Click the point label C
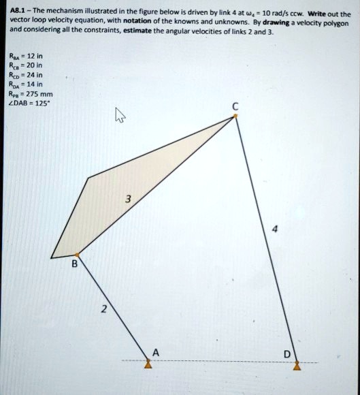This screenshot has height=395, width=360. tap(235, 106)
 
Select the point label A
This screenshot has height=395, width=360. tap(155, 352)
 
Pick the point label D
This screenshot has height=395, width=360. tap(287, 353)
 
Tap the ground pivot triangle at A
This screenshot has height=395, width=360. tap(148, 364)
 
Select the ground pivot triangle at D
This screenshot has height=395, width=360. tap(297, 364)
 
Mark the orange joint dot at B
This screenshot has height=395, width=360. tap(76, 253)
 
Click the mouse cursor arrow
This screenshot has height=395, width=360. tap(119, 116)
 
